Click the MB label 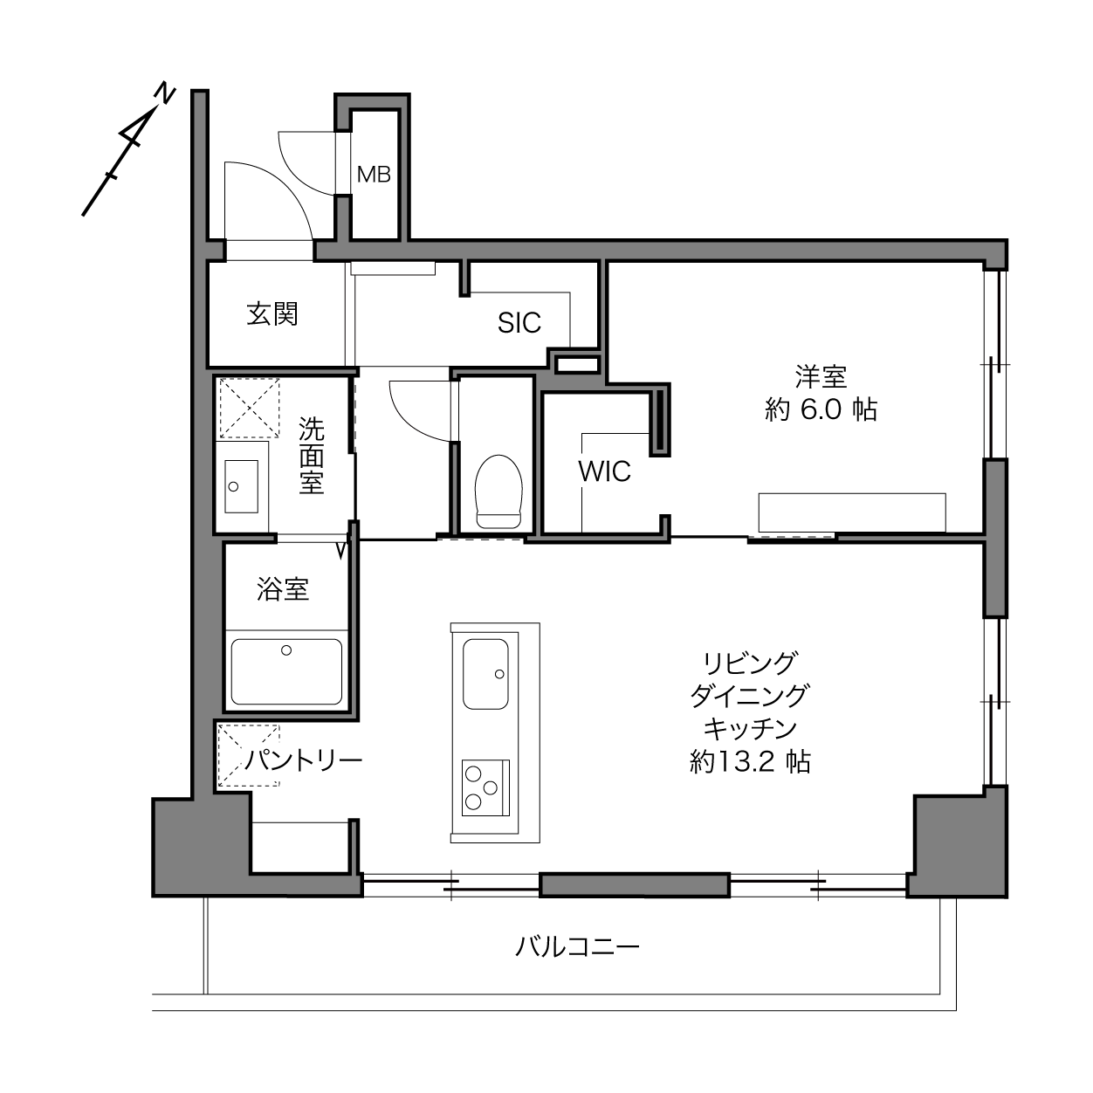coord(374,175)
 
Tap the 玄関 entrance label coord(272,314)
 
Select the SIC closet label coord(519,323)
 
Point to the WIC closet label coord(604,471)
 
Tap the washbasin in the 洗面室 coord(242,486)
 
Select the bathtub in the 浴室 coord(286,671)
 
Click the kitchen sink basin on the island coord(485,674)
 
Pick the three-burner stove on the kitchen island coord(485,787)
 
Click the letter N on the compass coord(165,93)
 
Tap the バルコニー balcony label coord(577,947)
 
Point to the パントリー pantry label coord(304,760)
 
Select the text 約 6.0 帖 coord(821,409)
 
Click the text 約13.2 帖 coord(750,762)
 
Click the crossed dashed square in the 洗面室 coord(250,408)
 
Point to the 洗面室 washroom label coord(312,456)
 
